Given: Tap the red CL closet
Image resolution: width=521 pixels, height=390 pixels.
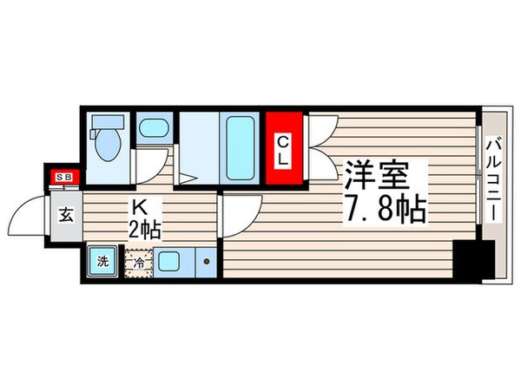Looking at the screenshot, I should coord(284,149).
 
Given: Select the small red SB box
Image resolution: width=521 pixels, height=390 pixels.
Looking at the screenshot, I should coord(64,178).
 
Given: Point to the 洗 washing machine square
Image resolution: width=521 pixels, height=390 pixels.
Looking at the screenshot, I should coord(103,261).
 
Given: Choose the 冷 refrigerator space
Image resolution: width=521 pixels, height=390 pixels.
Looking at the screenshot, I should coord(139,262).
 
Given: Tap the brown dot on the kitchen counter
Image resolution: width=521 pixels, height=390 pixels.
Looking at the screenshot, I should coord(206,260).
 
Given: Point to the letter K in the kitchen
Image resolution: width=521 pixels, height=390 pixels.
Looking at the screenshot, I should coord(137,208).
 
